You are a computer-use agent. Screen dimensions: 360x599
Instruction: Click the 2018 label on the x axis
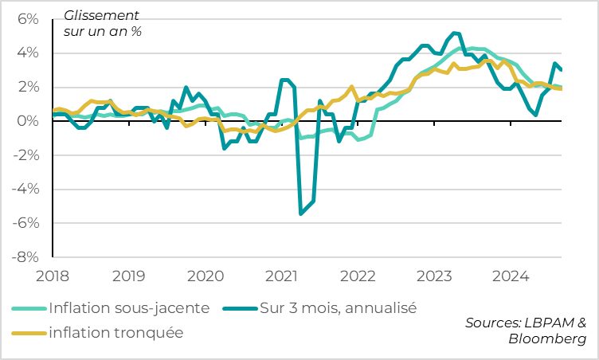click(53, 276)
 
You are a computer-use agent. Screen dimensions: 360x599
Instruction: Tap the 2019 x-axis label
click(129, 276)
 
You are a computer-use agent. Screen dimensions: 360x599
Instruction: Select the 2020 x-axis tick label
click(206, 276)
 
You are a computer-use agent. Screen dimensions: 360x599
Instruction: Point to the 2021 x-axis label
click(281, 276)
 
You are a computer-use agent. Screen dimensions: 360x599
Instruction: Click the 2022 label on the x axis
click(358, 276)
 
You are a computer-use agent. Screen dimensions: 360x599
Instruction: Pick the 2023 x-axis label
click(434, 276)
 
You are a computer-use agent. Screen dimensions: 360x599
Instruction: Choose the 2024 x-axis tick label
click(511, 276)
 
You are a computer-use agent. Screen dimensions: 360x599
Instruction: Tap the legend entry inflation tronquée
click(115, 333)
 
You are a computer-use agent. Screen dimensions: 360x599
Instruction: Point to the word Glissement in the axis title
click(100, 15)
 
